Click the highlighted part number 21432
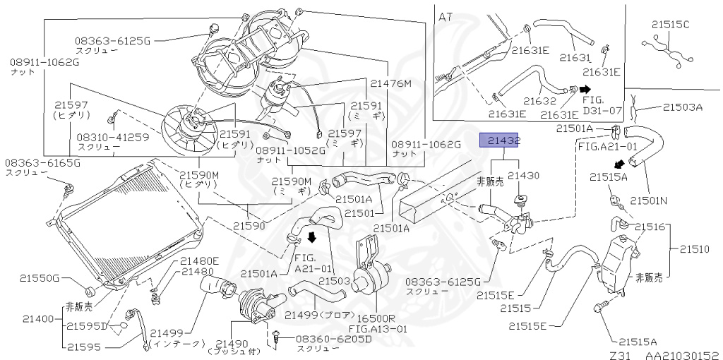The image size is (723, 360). click(500, 141)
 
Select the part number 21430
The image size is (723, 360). click(524, 174)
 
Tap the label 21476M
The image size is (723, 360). click(391, 83)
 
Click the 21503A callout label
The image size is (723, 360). click(682, 107)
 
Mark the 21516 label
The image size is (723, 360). click(650, 227)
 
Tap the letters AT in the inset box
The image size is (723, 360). click(446, 16)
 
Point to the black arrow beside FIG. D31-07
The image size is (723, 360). click(585, 90)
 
